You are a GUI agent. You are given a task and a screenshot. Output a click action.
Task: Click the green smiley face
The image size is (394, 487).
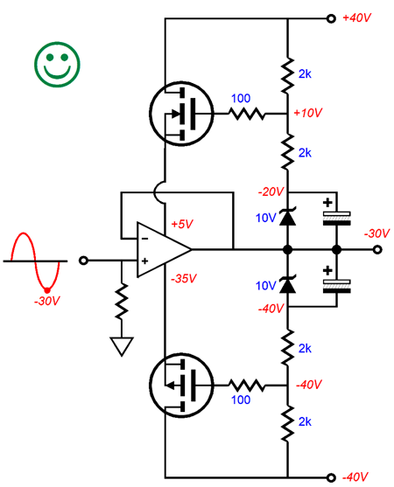[x=57, y=65]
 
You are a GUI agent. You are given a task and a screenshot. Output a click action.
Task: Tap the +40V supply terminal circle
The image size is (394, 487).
[x=331, y=18]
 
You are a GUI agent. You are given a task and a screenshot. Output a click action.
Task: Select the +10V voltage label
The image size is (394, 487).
[x=308, y=113]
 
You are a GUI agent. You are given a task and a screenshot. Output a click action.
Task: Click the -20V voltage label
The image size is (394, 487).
[x=271, y=191]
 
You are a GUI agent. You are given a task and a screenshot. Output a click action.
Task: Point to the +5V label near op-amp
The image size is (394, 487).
[x=182, y=224]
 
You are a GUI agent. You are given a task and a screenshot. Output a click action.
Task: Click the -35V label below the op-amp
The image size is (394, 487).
[x=184, y=278]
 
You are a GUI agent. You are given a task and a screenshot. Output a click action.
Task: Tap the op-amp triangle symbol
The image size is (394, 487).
[x=164, y=249]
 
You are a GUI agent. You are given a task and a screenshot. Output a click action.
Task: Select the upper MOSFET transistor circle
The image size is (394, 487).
[x=181, y=114]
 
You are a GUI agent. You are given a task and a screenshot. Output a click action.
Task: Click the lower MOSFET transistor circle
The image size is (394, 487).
[x=181, y=386]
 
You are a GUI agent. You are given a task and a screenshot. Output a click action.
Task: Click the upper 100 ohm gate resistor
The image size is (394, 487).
[x=247, y=114]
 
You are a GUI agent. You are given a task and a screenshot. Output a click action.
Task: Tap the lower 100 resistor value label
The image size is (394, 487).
[x=241, y=400]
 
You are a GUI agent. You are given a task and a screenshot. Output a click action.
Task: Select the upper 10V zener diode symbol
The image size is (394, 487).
[x=288, y=217]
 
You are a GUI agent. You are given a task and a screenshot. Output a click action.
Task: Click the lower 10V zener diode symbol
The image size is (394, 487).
[x=288, y=285]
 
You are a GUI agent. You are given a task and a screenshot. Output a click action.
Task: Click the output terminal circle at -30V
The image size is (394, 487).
[x=377, y=249]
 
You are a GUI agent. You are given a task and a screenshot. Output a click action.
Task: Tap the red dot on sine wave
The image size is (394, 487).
[x=47, y=290]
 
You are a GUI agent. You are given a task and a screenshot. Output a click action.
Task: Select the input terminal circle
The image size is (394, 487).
[x=83, y=261]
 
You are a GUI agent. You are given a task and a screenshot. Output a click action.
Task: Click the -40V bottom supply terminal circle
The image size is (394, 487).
[x=331, y=477]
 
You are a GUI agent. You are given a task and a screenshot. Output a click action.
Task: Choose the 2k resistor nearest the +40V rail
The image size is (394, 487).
[x=288, y=75]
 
